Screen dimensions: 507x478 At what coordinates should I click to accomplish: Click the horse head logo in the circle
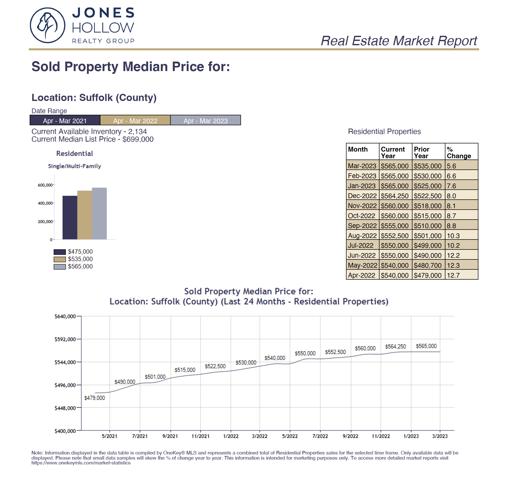click(48, 25)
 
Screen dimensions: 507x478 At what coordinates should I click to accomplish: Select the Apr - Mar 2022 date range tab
click(135, 120)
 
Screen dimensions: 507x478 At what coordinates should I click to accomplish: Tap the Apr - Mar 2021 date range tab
click(65, 120)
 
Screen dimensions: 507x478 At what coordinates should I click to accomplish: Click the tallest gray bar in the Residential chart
click(99, 213)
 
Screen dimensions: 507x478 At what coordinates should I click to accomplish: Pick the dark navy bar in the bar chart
click(70, 218)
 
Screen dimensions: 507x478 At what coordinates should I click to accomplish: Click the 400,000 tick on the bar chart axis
click(45, 203)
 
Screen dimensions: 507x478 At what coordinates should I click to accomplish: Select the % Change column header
click(459, 153)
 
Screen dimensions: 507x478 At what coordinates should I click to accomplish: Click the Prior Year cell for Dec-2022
click(428, 196)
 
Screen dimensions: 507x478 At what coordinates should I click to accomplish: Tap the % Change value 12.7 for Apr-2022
click(453, 275)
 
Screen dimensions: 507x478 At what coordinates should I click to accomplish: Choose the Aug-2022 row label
click(362, 236)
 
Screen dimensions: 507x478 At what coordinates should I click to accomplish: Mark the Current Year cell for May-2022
click(395, 265)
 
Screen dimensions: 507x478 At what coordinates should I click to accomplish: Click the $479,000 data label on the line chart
click(95, 398)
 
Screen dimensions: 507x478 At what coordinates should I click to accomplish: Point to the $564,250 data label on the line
click(395, 347)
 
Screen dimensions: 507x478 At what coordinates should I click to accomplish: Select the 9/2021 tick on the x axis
click(170, 436)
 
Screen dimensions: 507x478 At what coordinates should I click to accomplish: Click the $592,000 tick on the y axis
click(65, 339)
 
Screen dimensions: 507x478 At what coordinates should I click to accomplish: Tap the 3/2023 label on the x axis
click(440, 436)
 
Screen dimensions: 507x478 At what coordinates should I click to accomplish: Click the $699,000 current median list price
click(138, 139)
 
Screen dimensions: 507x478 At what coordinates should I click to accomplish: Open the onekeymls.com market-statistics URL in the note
click(81, 463)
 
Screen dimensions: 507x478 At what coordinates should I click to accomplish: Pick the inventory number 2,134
click(137, 132)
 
